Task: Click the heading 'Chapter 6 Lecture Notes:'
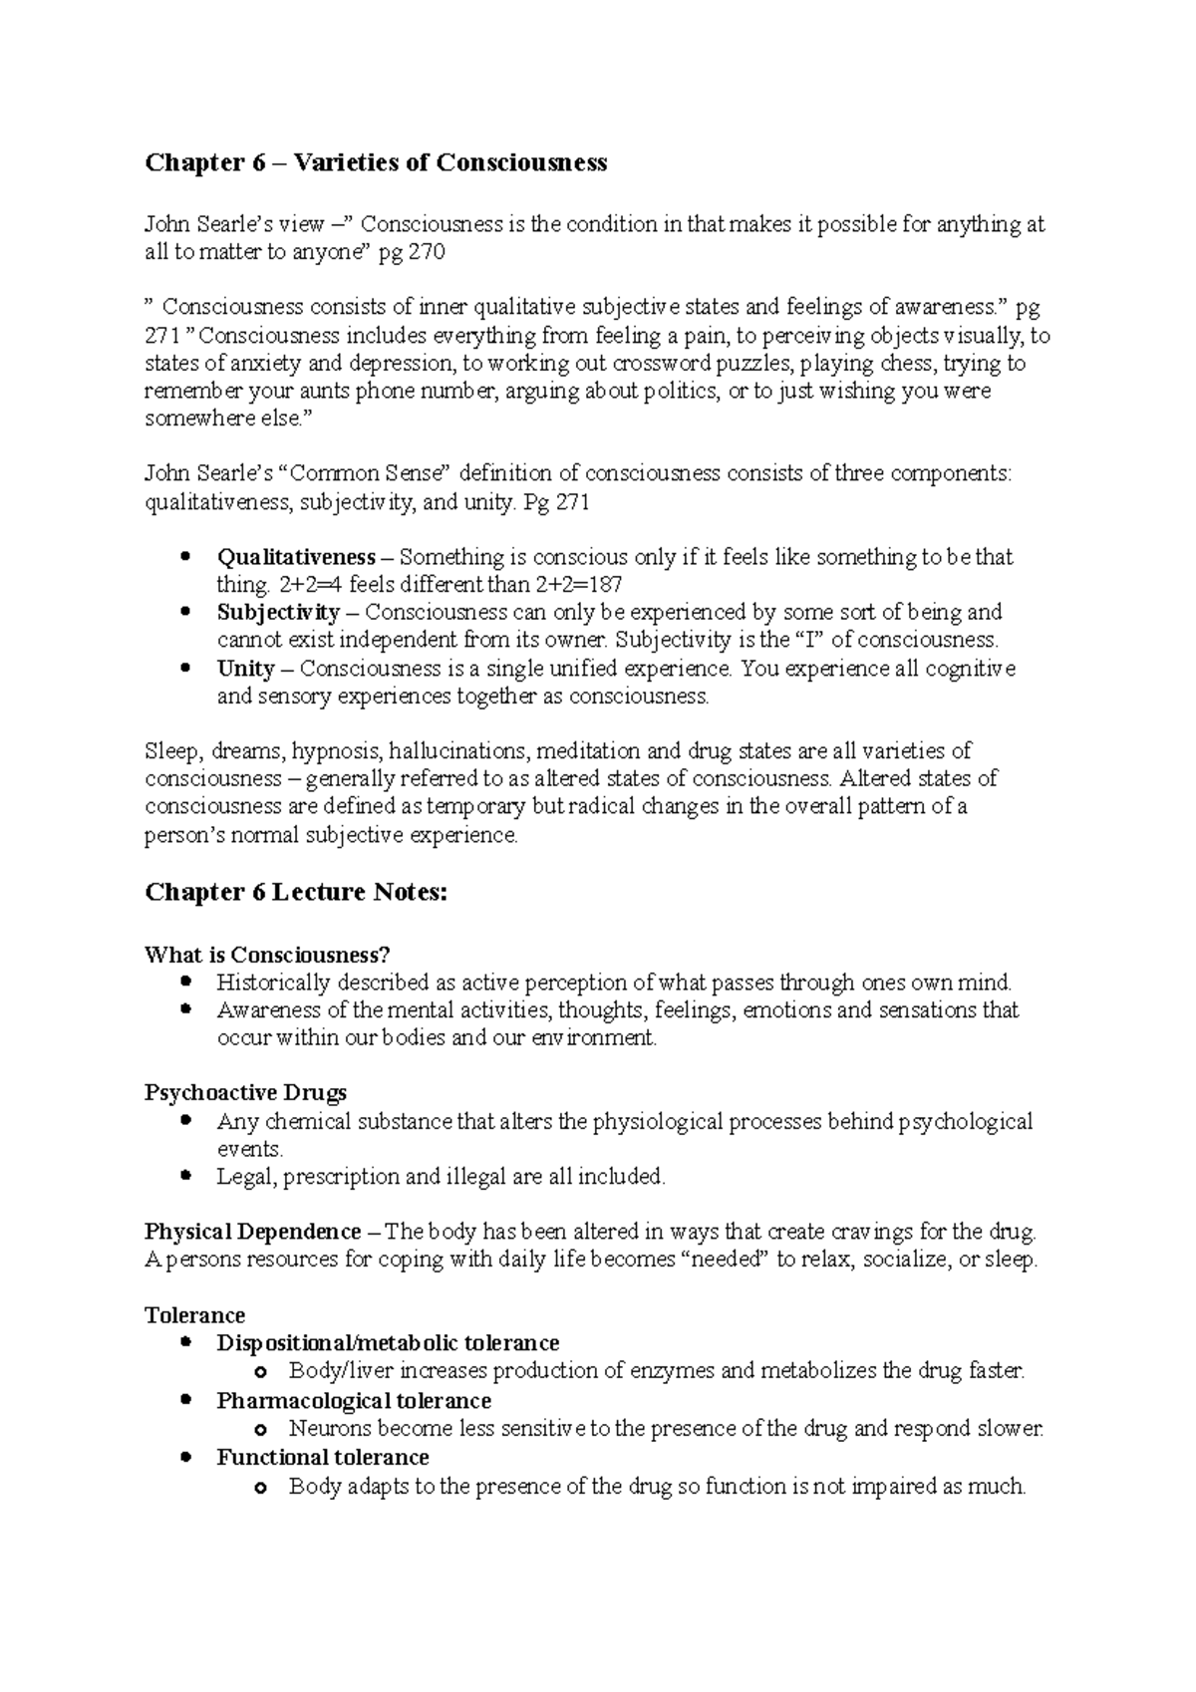coord(296,892)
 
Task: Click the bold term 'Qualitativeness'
coord(296,557)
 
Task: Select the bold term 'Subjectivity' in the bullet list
coord(278,612)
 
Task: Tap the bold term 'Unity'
coord(245,668)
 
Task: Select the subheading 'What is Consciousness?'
coord(266,955)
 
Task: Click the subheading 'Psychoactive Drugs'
coord(245,1093)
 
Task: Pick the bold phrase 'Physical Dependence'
coord(253,1232)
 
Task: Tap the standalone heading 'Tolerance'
coord(194,1315)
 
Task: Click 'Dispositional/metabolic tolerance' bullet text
coord(388,1343)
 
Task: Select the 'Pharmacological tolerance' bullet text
coord(354,1400)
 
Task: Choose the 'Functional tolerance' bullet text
coord(323,1457)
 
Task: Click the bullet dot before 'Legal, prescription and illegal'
coord(184,1176)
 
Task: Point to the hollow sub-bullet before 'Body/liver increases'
coord(261,1373)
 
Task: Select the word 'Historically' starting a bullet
coord(273,983)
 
